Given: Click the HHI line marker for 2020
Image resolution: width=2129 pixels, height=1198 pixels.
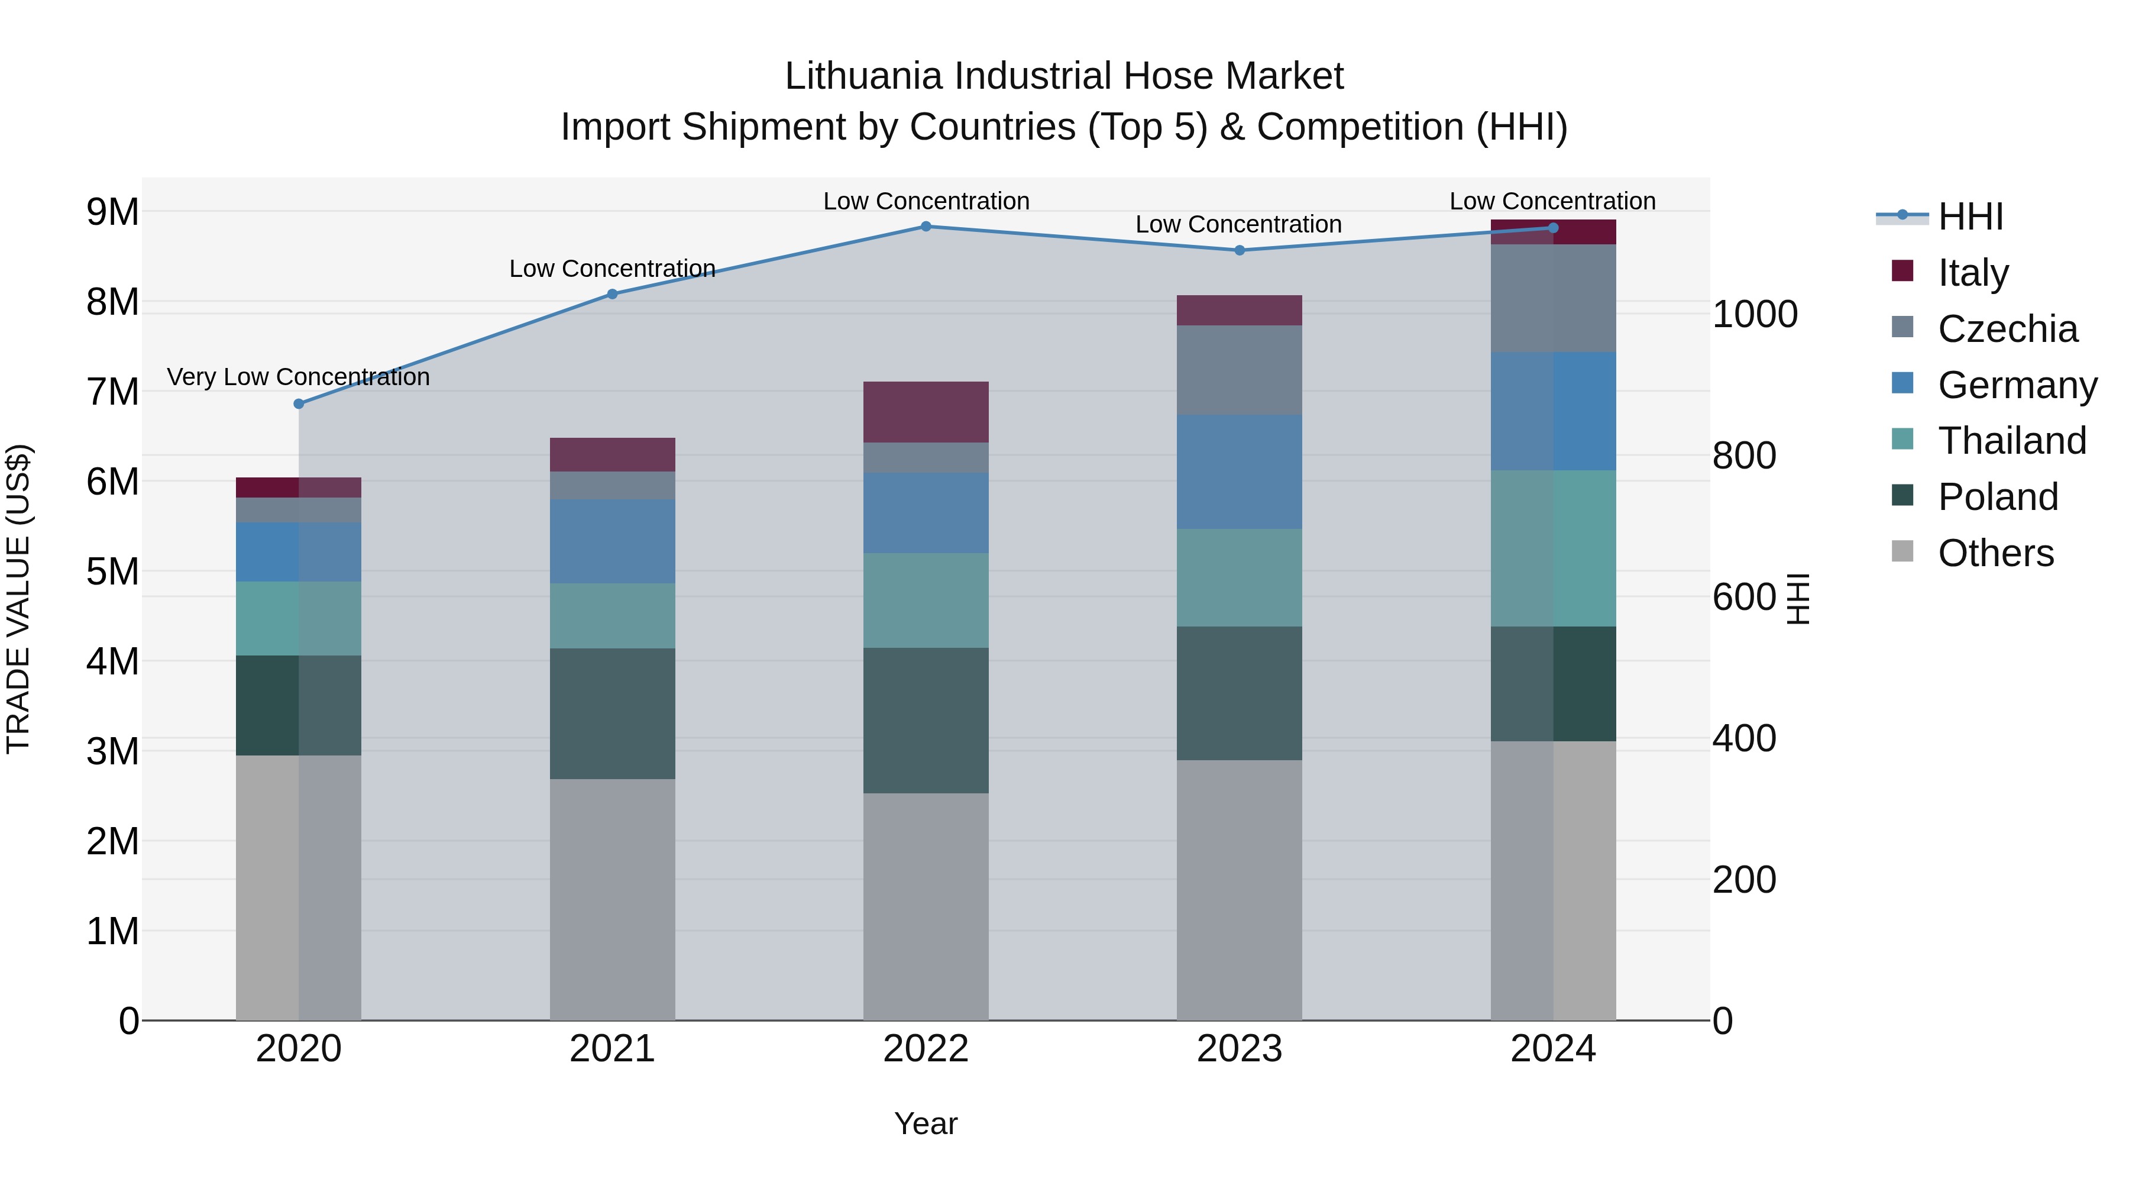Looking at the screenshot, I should pyautogui.click(x=299, y=403).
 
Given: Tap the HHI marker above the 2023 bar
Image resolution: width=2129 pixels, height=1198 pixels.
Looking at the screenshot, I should pyautogui.click(x=1239, y=250).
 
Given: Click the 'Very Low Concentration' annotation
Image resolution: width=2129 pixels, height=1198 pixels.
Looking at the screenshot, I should pyautogui.click(x=299, y=377).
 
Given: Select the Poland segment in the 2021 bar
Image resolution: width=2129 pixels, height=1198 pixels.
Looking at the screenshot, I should pyautogui.click(x=613, y=713).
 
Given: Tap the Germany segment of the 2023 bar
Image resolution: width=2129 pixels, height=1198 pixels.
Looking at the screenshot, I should pyautogui.click(x=1239, y=472).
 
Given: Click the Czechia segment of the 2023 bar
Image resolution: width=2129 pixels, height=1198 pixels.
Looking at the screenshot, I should pyautogui.click(x=1239, y=370).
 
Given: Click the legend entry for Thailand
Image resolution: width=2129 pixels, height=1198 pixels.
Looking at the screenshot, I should pyautogui.click(x=2012, y=441).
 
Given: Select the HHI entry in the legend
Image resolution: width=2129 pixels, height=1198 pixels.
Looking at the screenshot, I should pyautogui.click(x=1971, y=217).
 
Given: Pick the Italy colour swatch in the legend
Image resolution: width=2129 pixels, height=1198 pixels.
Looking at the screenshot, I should pyautogui.click(x=1902, y=271).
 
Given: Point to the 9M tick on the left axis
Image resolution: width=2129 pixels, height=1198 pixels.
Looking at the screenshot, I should pyautogui.click(x=112, y=212).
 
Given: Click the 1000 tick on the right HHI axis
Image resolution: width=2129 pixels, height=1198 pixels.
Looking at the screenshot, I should pyautogui.click(x=1755, y=314).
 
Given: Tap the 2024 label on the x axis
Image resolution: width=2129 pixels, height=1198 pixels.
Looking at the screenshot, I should pyautogui.click(x=1553, y=1049).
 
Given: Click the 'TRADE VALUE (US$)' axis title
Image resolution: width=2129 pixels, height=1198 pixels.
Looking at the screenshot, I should pyautogui.click(x=18, y=599).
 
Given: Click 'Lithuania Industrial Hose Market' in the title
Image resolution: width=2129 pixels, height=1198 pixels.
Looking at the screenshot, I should pyautogui.click(x=1064, y=76).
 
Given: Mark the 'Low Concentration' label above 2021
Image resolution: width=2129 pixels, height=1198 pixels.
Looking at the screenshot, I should pyautogui.click(x=613, y=269).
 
